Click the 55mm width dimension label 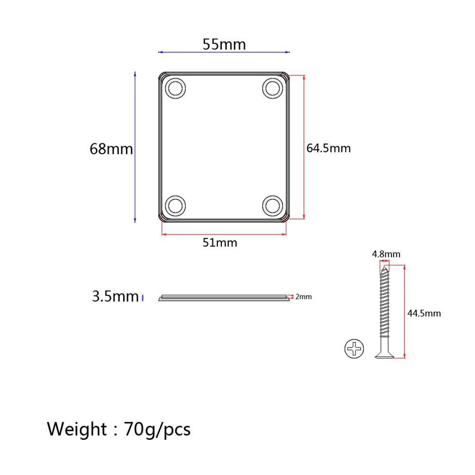tap(224, 44)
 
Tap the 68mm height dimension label tap(111, 149)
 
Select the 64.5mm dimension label tap(329, 148)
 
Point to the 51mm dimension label tap(220, 243)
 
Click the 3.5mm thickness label tap(115, 297)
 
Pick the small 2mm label tap(303, 297)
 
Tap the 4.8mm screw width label tap(386, 254)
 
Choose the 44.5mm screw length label tap(424, 313)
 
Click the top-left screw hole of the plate tap(175, 89)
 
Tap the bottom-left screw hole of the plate tap(175, 206)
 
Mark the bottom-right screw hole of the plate tap(273, 206)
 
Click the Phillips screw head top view tap(355, 349)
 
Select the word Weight tap(77, 429)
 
